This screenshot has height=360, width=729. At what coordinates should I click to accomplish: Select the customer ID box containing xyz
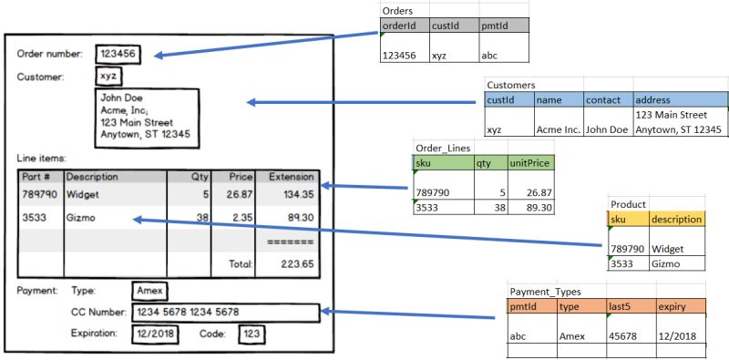pyautogui.click(x=108, y=77)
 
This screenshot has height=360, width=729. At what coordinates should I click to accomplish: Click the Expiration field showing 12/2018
pyautogui.click(x=152, y=334)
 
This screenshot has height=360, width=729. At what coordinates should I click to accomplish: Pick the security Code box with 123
pyautogui.click(x=252, y=334)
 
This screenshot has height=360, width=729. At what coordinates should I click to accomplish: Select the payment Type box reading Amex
pyautogui.click(x=149, y=290)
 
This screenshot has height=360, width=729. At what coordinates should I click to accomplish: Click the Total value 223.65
pyautogui.click(x=294, y=263)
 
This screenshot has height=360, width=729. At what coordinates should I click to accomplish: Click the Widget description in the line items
pyautogui.click(x=83, y=194)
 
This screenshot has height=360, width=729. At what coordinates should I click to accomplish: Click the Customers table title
pyautogui.click(x=511, y=84)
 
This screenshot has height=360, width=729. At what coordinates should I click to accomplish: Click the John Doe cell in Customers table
pyautogui.click(x=606, y=129)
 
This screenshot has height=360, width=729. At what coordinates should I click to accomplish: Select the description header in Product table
pyautogui.click(x=675, y=220)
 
